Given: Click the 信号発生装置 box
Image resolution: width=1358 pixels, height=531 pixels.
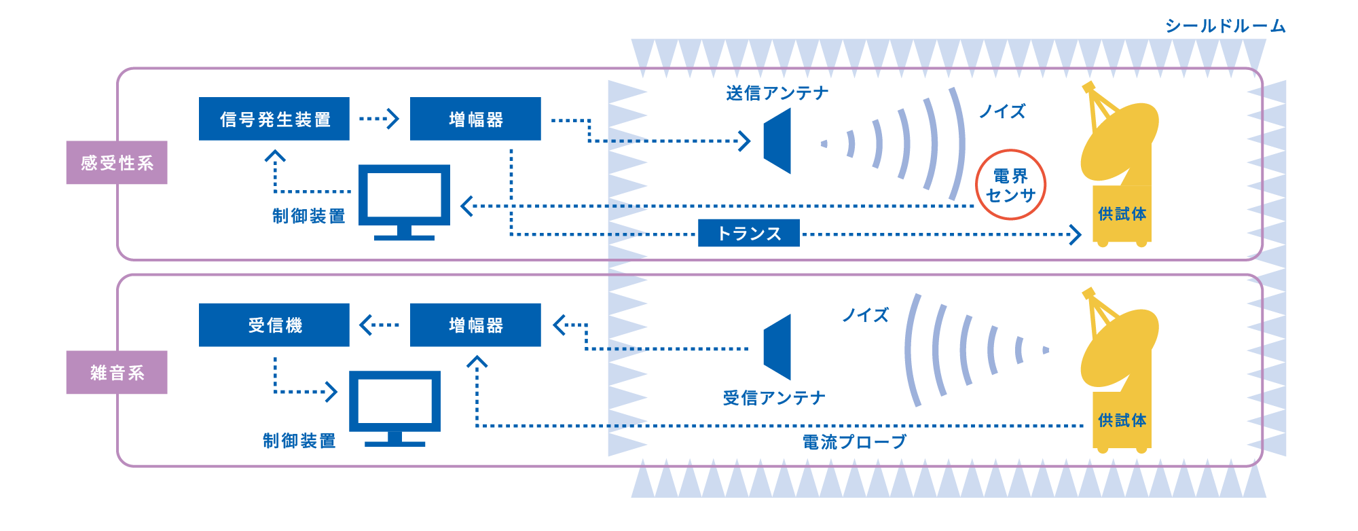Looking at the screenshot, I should [274, 119].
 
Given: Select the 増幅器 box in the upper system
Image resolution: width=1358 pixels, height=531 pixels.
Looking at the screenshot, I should [475, 119].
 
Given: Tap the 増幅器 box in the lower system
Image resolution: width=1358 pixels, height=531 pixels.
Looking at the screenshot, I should [475, 325].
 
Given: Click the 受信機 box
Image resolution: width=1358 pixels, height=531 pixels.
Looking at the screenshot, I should [274, 325].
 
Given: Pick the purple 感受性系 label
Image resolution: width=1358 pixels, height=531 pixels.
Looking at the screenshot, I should [117, 163].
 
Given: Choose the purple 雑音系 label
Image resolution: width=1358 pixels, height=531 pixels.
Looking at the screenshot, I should [117, 373].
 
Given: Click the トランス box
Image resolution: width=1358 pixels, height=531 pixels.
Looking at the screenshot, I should [748, 233].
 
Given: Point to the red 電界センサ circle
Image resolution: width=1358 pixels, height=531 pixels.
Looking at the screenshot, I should [1010, 185].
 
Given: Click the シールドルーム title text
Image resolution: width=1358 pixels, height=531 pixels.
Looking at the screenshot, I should [1225, 26].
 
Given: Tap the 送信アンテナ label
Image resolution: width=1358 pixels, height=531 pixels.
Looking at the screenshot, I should [777, 93].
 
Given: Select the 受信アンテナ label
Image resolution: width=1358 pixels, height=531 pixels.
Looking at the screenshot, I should [774, 398].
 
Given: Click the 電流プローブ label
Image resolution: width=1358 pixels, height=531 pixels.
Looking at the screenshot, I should [854, 442].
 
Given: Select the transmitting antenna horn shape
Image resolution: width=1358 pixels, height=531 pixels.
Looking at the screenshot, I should [779, 142].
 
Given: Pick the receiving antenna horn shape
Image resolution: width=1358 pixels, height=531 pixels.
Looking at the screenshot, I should [779, 347].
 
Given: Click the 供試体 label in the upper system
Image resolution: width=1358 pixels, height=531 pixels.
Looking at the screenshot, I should [1122, 214].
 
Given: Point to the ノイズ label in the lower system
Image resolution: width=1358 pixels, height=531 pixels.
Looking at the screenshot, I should [865, 315].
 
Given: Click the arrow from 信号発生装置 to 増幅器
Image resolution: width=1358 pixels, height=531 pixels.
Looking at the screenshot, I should [379, 119].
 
